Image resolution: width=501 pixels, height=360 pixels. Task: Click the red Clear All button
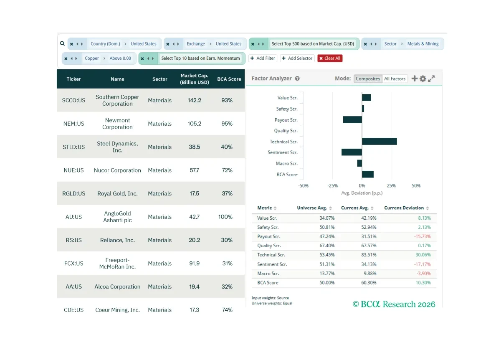pyautogui.click(x=330, y=58)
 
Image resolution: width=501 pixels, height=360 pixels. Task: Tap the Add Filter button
pyautogui.click(x=263, y=58)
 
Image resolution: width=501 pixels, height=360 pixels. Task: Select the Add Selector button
pyautogui.click(x=297, y=58)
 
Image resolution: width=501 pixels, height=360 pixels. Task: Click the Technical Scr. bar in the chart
pyautogui.click(x=380, y=142)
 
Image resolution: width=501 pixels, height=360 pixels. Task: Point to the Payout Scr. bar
pyautogui.click(x=352, y=120)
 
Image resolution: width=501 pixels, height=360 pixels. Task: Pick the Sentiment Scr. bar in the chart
pyautogui.click(x=352, y=152)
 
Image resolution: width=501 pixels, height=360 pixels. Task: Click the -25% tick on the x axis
pyautogui.click(x=332, y=185)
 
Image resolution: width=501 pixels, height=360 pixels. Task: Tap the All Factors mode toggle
pyautogui.click(x=395, y=79)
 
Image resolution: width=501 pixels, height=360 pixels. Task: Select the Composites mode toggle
pyautogui.click(x=368, y=79)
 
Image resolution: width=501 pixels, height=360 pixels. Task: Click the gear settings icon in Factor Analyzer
pyautogui.click(x=423, y=79)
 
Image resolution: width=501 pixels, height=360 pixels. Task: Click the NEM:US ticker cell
pyautogui.click(x=73, y=124)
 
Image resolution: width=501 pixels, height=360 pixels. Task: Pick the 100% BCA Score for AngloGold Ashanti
pyautogui.click(x=225, y=217)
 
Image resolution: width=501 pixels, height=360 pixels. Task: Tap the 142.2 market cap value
pyautogui.click(x=194, y=100)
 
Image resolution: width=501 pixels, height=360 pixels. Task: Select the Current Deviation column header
pyautogui.click(x=404, y=208)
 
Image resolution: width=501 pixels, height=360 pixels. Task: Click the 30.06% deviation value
pyautogui.click(x=423, y=255)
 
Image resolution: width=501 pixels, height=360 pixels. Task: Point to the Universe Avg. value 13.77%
pyautogui.click(x=327, y=274)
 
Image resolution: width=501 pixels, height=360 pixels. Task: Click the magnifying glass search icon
pyautogui.click(x=62, y=43)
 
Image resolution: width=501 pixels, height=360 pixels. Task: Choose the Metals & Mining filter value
pyautogui.click(x=423, y=44)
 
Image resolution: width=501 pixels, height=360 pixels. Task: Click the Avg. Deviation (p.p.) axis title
pyautogui.click(x=362, y=193)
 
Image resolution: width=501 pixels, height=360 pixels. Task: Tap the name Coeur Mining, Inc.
pyautogui.click(x=117, y=310)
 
